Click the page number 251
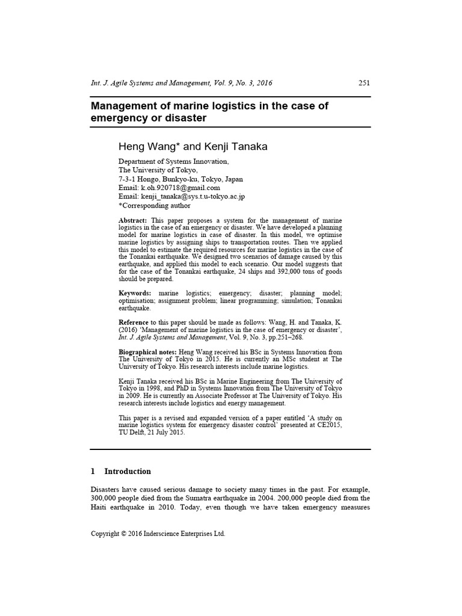pos(364,83)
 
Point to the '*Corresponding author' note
pos(154,205)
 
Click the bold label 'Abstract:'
pos(133,221)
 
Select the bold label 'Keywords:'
pos(135,292)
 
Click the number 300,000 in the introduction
pos(105,497)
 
